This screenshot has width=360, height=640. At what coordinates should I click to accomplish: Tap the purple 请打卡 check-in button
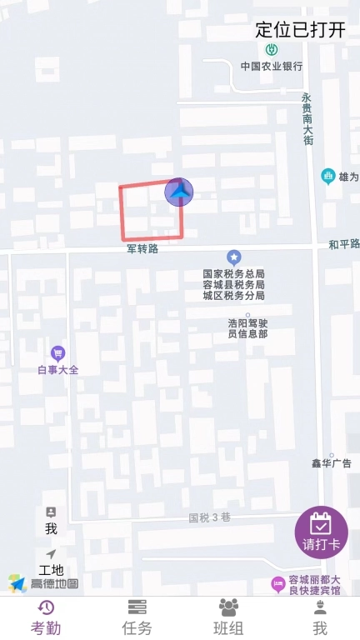[x=322, y=532]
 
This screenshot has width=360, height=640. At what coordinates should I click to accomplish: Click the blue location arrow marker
[x=179, y=192]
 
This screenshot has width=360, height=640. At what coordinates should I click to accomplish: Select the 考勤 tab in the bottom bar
[x=46, y=617]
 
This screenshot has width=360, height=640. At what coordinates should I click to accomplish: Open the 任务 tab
[x=137, y=617]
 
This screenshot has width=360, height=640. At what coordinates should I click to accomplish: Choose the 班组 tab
[x=228, y=617]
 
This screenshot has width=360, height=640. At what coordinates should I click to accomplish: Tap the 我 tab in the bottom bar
[x=319, y=617]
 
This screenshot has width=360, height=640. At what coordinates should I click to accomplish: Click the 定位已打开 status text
[x=300, y=30]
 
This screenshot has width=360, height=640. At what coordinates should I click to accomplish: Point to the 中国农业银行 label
[x=272, y=66]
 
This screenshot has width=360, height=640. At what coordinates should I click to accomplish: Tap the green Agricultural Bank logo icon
[x=272, y=50]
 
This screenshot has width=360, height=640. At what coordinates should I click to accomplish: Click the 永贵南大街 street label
[x=307, y=118]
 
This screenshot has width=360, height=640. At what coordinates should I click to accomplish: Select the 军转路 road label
[x=142, y=248]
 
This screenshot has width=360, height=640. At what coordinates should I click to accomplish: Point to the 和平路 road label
[x=344, y=244]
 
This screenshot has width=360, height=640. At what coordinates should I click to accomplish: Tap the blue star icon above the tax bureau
[x=234, y=258]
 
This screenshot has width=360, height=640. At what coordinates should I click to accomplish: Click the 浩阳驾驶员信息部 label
[x=247, y=327]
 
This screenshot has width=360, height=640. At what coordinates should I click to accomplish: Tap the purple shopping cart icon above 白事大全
[x=57, y=352]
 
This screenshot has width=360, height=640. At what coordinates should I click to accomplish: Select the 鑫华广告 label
[x=332, y=463]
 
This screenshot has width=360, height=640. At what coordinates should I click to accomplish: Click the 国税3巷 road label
[x=208, y=517]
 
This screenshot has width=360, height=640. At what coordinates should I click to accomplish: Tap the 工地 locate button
[x=51, y=562]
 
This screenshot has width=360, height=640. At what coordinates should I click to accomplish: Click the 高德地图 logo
[x=43, y=583]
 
